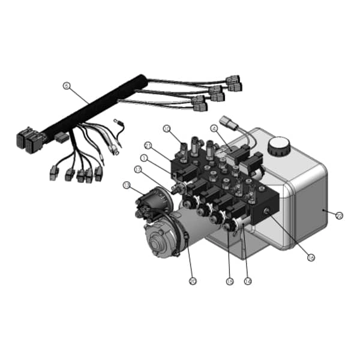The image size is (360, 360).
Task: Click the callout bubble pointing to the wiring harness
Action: (x=66, y=85)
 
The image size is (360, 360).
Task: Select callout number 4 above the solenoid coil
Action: (x=214, y=128)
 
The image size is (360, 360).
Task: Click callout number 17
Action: (x=137, y=169)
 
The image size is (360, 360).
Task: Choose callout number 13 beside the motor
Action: (x=126, y=185)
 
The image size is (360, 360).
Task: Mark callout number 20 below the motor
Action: (x=192, y=280)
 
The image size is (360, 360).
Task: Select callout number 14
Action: (x=247, y=280)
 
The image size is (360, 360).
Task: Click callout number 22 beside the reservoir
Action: (x=339, y=215)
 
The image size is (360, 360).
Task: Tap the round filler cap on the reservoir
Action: (x=279, y=145)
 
